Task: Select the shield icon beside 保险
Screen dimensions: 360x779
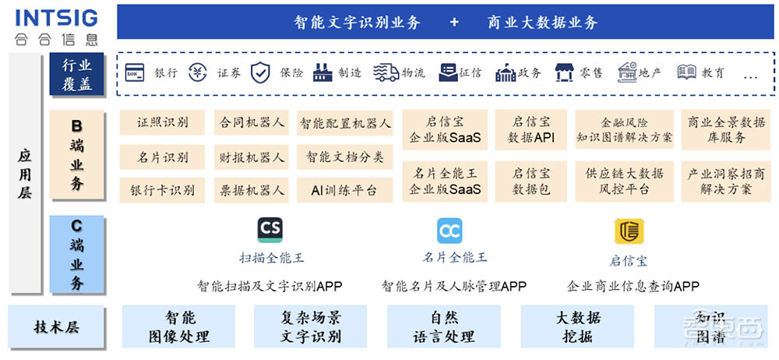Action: click(x=261, y=72)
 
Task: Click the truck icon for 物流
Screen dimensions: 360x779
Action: click(x=386, y=72)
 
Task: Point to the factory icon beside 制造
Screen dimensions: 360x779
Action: click(x=323, y=72)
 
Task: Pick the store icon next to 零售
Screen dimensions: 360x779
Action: click(x=565, y=72)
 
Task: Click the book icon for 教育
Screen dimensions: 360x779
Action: click(x=686, y=72)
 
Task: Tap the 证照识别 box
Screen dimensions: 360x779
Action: click(x=163, y=123)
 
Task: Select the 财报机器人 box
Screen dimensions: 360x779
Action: click(x=252, y=157)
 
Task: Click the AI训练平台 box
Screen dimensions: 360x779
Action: click(x=344, y=190)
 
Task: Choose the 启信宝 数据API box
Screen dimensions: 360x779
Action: click(x=530, y=130)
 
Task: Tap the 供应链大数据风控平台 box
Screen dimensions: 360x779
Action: click(x=625, y=181)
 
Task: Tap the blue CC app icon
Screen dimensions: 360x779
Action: click(x=449, y=231)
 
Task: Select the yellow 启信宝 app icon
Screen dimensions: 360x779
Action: click(x=629, y=231)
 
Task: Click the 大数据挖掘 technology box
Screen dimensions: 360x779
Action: click(x=577, y=327)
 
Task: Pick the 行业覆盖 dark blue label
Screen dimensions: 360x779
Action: click(x=76, y=75)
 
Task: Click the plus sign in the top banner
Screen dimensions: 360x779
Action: click(x=454, y=23)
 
